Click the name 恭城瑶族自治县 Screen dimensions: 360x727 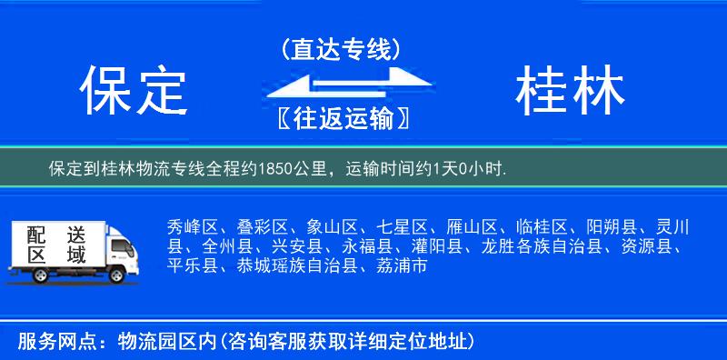(x=294, y=266)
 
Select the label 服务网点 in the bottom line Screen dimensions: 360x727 (x=53, y=341)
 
